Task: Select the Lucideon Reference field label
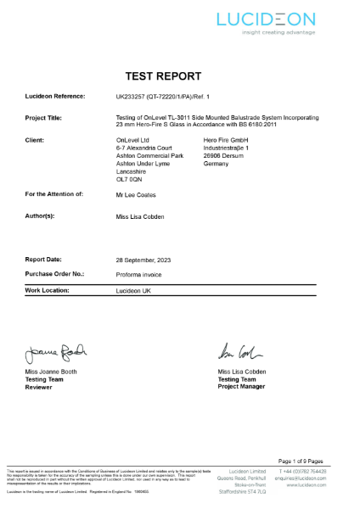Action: pos(57,98)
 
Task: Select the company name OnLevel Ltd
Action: pos(132,137)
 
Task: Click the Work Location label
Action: pos(48,290)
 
